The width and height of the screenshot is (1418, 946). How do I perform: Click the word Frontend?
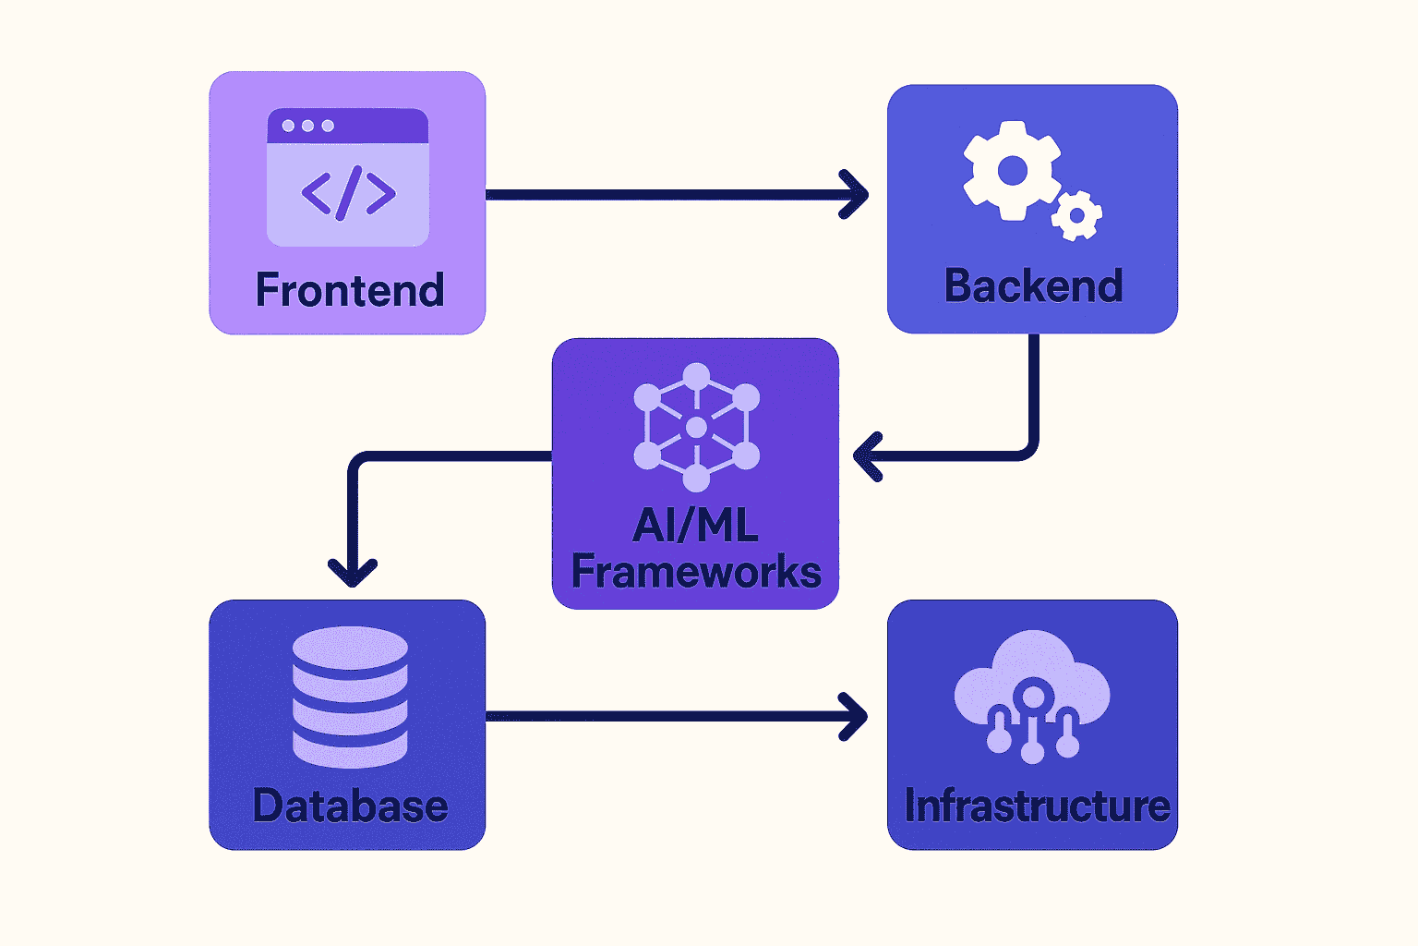pos(350,290)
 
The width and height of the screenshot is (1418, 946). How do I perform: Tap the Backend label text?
pos(1033,286)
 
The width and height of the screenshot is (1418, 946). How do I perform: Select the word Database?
pos(350,806)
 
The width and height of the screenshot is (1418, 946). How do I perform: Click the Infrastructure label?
pos(1037,806)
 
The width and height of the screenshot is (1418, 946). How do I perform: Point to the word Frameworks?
pos(696,572)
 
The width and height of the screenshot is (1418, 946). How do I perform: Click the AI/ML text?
pos(695,526)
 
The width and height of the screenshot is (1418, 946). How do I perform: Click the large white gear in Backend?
pos(1012,171)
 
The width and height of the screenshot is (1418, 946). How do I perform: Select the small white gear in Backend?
pos(1076,216)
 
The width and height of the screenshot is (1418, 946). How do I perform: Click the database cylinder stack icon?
pos(350,697)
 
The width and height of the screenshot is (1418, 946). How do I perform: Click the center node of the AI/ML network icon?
pos(696,428)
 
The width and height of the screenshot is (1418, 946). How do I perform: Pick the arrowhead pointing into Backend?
pos(856,195)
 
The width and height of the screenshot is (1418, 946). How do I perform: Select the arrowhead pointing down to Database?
pos(353,573)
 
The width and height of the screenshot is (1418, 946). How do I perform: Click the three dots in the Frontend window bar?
pos(307,126)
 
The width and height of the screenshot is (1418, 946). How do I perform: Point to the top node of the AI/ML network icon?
pos(696,376)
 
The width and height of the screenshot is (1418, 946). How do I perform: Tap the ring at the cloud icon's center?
pos(1033,695)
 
